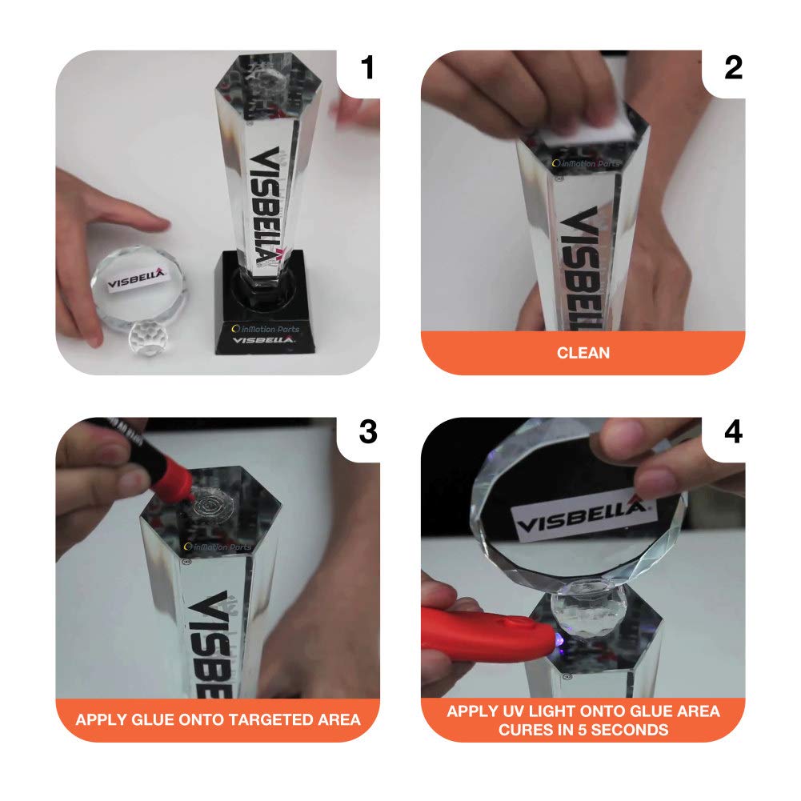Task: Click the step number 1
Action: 366,69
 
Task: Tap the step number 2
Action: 732,69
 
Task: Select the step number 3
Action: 366,432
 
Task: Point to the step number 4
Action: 732,432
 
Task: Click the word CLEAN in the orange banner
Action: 583,352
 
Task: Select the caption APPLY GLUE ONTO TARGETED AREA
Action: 218,719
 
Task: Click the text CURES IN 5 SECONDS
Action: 583,729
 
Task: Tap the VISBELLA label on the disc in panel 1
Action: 136,279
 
